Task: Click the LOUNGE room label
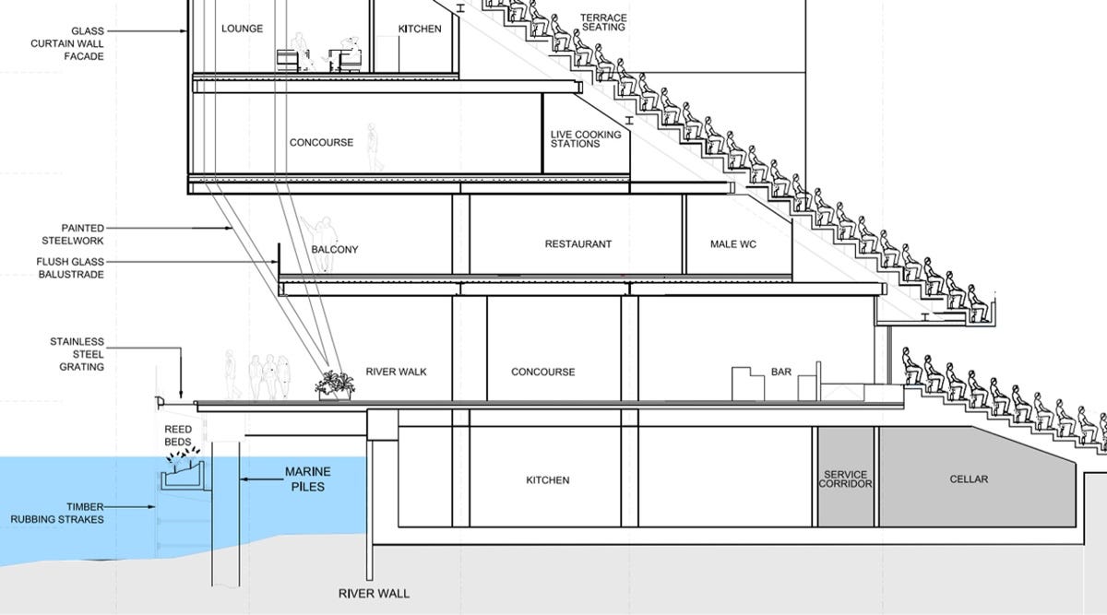(243, 29)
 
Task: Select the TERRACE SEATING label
(604, 22)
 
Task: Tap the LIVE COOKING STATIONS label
(586, 139)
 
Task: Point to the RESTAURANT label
(578, 244)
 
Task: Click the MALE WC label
(734, 244)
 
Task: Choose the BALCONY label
(335, 250)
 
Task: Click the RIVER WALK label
(396, 372)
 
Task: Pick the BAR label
(781, 372)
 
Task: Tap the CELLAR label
(969, 479)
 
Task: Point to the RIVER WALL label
(374, 594)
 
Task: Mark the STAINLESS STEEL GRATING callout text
(77, 354)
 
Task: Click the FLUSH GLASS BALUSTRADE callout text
(65, 267)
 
